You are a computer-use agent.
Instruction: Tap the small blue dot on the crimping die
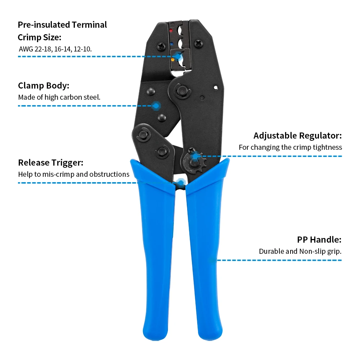point(172,44)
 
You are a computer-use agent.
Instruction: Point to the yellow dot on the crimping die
point(172,59)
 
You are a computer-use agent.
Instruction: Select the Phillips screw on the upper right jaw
point(199,44)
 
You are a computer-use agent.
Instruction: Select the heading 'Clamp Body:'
point(44,86)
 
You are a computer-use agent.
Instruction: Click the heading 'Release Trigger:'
point(50,162)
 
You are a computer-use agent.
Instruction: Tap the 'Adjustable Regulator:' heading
point(297,136)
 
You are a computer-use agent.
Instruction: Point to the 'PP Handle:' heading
point(319,240)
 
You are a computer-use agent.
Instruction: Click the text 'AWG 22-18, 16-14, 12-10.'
point(55,49)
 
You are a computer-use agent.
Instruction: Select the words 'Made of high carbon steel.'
point(59,97)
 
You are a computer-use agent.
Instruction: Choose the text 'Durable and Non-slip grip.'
point(300,251)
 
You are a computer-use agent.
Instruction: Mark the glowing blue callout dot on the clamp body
point(156,105)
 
